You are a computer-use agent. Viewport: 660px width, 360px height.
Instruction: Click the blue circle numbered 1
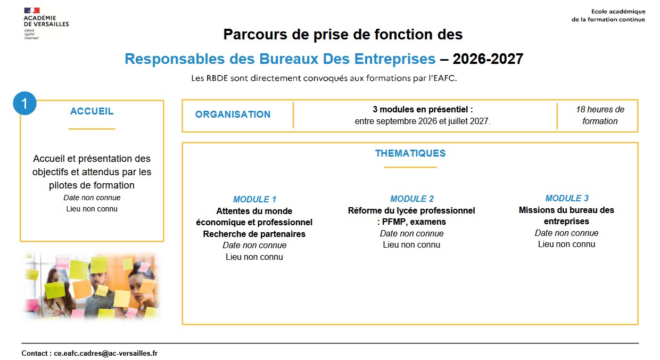[x=24, y=103]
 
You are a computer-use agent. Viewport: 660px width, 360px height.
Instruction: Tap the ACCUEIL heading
[x=92, y=111]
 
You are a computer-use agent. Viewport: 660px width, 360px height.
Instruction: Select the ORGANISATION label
[x=233, y=114]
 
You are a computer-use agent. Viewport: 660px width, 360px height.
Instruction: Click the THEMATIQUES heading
[x=410, y=153]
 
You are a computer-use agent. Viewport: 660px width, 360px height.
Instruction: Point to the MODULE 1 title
[x=254, y=199]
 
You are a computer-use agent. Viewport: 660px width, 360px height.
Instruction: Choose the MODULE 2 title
[x=412, y=199]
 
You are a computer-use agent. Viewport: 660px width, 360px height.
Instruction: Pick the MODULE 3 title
[x=567, y=198]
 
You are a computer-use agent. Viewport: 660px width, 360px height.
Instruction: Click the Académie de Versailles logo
[x=46, y=23]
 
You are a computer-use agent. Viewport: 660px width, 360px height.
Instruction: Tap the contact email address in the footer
[x=105, y=353]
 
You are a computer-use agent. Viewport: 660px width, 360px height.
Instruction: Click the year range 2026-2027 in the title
[x=488, y=59]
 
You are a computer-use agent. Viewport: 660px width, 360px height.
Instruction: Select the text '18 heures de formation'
[x=600, y=115]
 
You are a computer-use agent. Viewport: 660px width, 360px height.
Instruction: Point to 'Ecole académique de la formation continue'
[x=608, y=15]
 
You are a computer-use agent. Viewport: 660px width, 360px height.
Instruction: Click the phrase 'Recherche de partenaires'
[x=254, y=234]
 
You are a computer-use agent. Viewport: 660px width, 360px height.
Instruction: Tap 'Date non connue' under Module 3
[x=567, y=233]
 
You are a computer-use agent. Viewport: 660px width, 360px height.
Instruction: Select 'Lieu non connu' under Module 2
[x=411, y=245]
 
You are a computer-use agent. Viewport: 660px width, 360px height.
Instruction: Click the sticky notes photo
[x=92, y=286]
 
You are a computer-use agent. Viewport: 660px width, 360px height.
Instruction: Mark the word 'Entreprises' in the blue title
[x=395, y=59]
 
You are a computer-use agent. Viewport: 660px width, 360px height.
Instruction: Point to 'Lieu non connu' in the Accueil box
[x=92, y=209]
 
